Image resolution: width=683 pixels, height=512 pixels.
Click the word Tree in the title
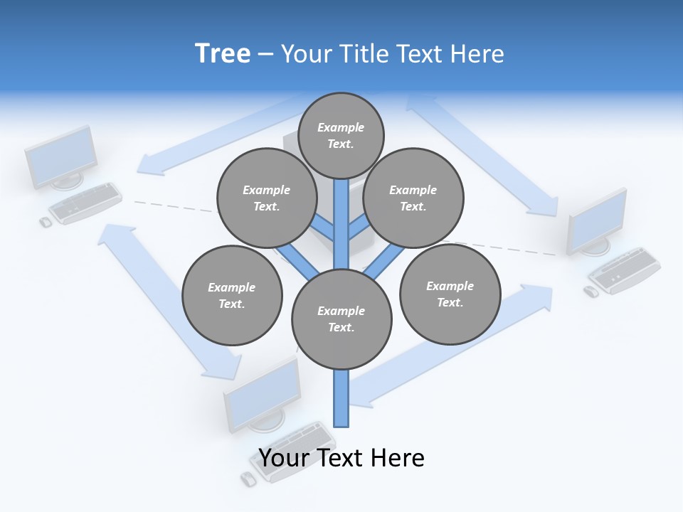point(223,53)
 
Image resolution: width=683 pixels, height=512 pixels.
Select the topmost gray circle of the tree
point(341,135)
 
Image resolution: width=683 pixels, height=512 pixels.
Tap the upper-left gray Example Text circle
point(266,198)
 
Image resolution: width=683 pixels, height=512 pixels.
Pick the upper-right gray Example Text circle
point(413,198)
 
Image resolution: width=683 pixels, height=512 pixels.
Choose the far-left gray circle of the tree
point(231,295)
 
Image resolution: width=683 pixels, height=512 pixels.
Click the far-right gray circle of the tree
point(450,294)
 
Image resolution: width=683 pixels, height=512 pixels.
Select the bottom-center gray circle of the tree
point(341,319)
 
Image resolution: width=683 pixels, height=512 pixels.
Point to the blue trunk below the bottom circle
point(341,398)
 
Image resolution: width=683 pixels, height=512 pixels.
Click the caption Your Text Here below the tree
point(341,458)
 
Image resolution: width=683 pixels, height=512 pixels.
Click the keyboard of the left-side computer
point(85,203)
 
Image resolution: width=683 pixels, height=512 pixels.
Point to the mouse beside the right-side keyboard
point(591,292)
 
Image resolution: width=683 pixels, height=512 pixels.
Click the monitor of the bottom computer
point(262,393)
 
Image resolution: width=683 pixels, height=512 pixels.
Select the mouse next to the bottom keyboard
point(248,479)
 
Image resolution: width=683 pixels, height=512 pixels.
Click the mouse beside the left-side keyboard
point(46,223)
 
